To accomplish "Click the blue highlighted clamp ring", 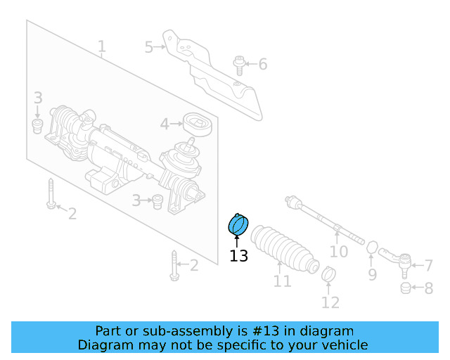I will (239, 225).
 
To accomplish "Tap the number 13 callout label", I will (239, 256).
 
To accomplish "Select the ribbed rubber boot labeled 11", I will (284, 247).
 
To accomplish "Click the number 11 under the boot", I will (282, 282).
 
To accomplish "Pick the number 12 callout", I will (330, 302).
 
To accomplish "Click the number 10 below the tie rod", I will (339, 251).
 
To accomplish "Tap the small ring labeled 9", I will (373, 247).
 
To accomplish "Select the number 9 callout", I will (373, 274).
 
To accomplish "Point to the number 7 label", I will (428, 266).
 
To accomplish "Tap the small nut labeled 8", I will (405, 288).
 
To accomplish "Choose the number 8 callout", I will (428, 288).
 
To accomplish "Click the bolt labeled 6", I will (240, 65).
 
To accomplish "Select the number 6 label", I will (262, 65).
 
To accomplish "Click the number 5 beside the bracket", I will (149, 47).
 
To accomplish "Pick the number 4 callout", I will (165, 124).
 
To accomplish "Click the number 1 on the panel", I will (102, 47).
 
